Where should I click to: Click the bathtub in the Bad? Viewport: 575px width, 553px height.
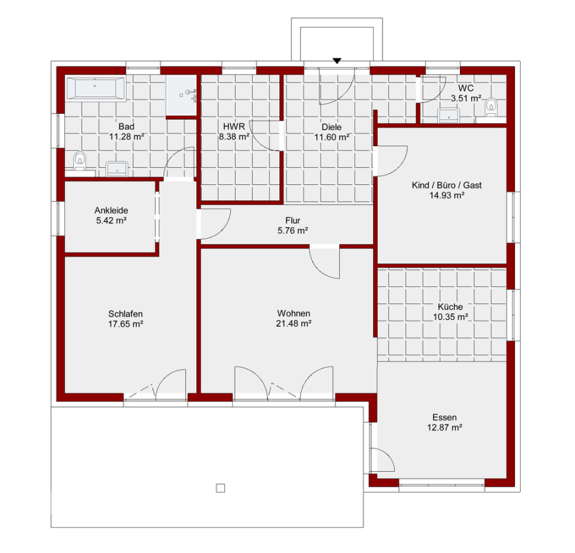96,88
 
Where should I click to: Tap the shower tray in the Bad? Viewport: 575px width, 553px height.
181,95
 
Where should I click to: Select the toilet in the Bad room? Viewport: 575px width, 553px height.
79,161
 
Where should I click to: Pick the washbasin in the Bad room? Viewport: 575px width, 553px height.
117,169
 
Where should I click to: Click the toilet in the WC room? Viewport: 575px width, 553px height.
491,107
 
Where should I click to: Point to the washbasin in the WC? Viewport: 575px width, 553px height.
449,115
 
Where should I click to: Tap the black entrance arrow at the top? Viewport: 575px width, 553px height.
337,61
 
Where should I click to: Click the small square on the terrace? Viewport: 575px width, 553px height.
221,488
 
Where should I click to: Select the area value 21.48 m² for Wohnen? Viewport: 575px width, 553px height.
294,324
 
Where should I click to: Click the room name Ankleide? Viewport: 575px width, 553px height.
111,211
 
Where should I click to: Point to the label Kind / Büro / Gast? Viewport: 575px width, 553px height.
447,185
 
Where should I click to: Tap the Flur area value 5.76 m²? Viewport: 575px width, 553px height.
292,231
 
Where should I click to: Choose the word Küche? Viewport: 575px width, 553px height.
451,307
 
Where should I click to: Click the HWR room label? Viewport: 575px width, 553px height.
234,127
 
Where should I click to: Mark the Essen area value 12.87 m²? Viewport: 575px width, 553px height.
444,427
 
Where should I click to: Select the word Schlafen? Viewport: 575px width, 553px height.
126,314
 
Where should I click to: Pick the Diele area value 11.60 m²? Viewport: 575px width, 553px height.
332,137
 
